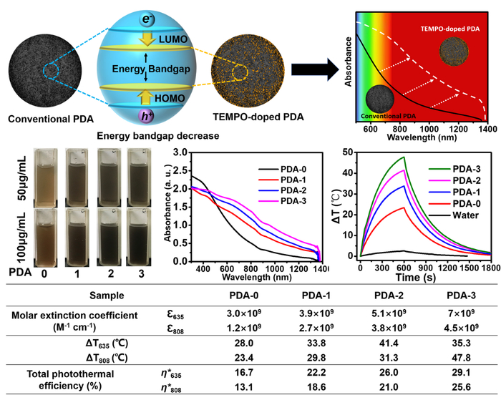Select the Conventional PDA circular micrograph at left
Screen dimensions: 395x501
click(46, 69)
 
